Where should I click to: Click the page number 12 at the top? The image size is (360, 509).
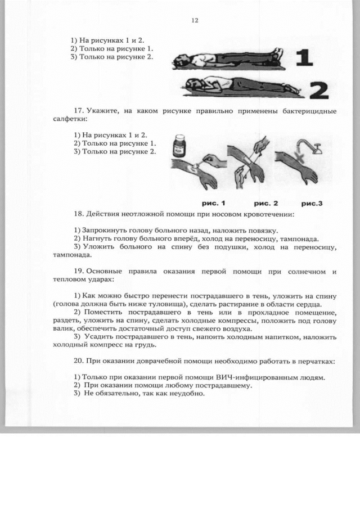point(195,20)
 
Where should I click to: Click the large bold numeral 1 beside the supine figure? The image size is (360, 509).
point(304,58)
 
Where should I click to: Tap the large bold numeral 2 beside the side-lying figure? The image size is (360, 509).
point(319,89)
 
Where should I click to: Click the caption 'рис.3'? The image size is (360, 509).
point(314,202)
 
